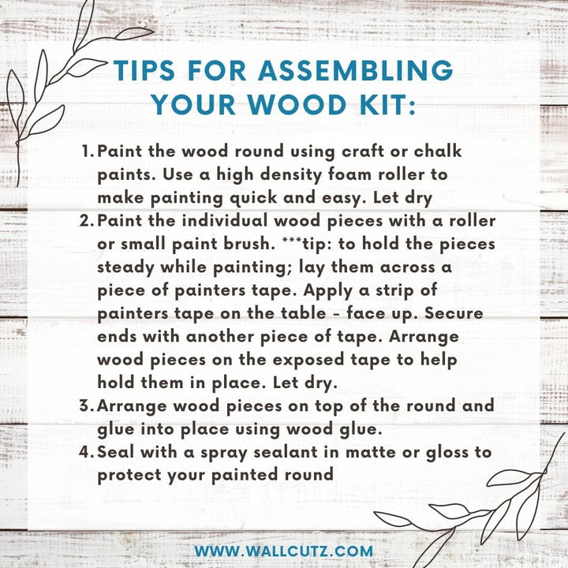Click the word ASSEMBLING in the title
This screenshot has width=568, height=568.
click(355, 70)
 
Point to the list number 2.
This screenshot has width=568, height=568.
click(87, 221)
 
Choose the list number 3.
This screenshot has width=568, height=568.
click(87, 405)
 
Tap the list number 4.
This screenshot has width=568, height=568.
click(87, 452)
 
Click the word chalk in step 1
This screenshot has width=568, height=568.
click(438, 151)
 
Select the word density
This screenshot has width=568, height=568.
click(291, 175)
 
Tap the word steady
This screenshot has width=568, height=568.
click(125, 267)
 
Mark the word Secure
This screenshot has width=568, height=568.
click(454, 313)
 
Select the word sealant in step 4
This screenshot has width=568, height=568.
click(286, 452)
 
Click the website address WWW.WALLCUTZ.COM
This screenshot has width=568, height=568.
click(284, 551)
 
